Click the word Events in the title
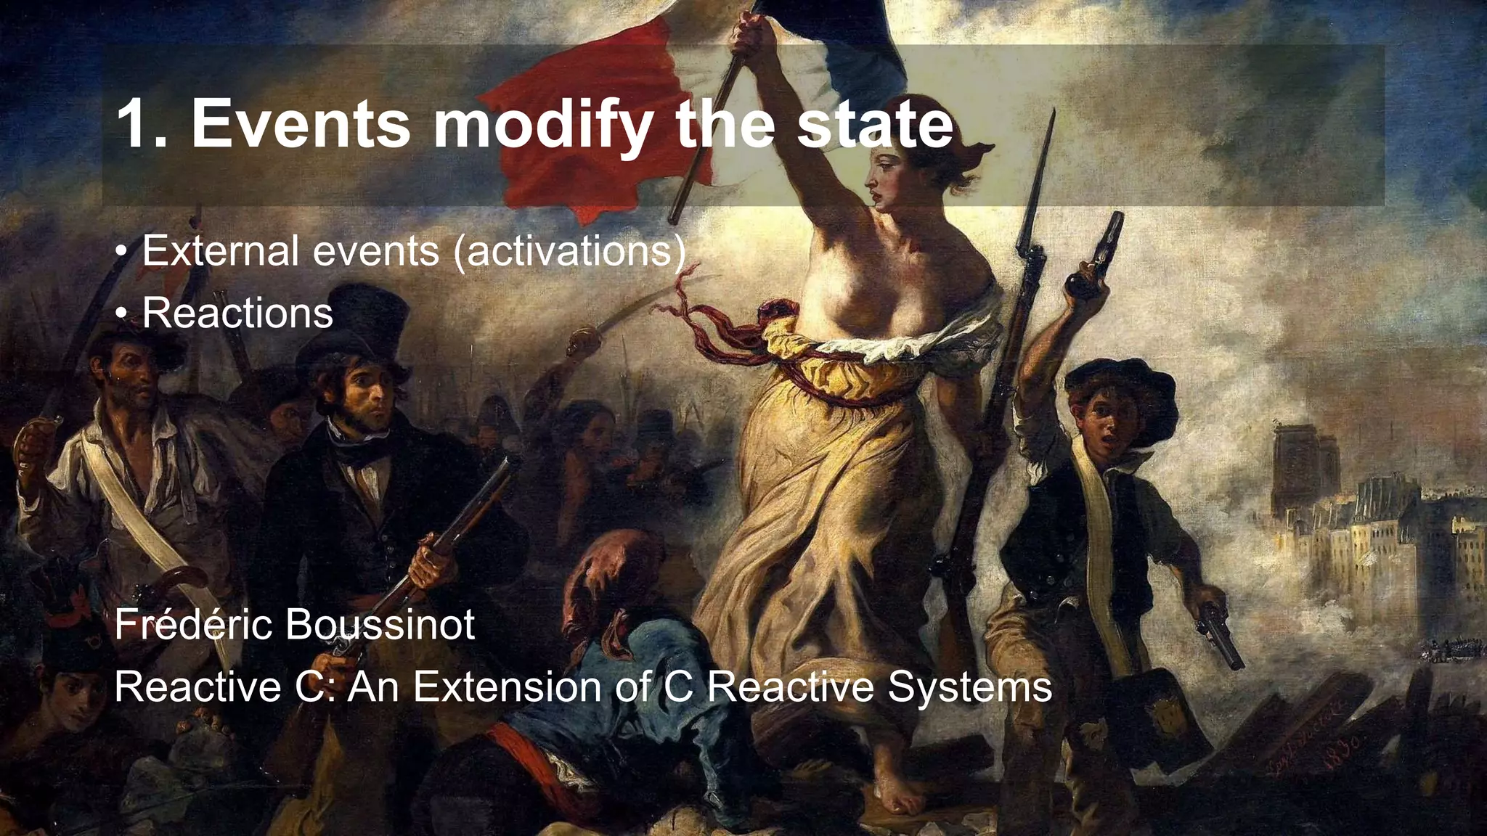(x=300, y=125)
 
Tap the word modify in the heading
(x=542, y=125)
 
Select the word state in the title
(x=875, y=125)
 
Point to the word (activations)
(x=569, y=251)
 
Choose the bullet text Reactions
(x=237, y=313)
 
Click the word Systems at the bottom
(x=969, y=687)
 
